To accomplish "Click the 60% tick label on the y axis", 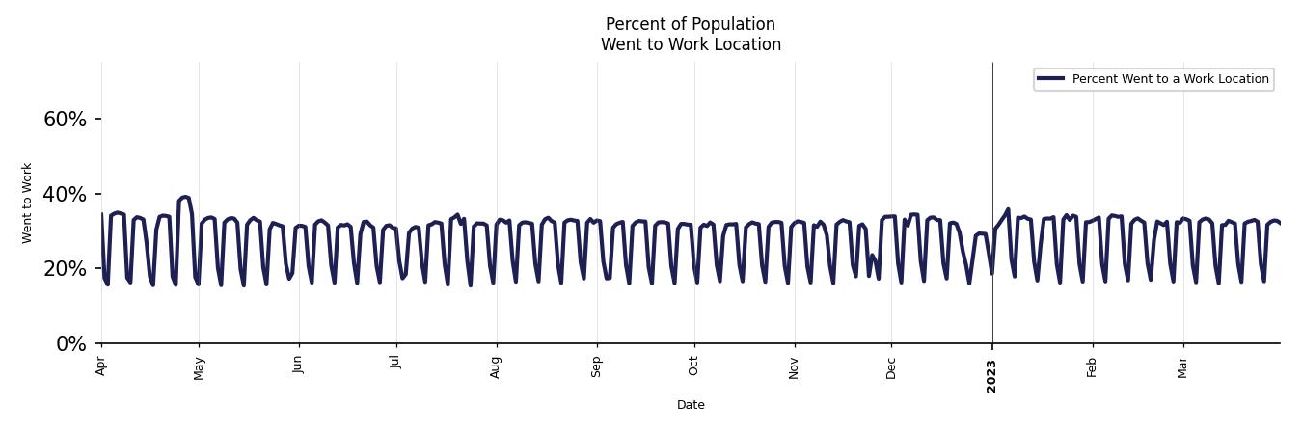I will (x=65, y=120).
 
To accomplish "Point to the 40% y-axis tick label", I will (x=65, y=195).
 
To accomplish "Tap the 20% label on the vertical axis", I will (x=65, y=269).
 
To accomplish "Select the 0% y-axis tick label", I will (x=71, y=344).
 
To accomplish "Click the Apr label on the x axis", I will (x=101, y=366).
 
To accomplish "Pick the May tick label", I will (x=200, y=367).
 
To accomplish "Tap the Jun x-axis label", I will (x=299, y=366).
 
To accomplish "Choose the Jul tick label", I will (x=395, y=364).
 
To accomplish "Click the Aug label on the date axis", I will (x=496, y=367).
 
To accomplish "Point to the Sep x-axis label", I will (x=596, y=366).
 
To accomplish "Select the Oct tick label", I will (x=694, y=366).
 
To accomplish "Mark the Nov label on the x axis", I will (x=795, y=367).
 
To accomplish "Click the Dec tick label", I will (x=891, y=367).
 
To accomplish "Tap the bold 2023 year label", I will (x=991, y=374).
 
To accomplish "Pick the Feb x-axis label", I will (x=1092, y=366).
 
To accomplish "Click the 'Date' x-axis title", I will (x=691, y=405).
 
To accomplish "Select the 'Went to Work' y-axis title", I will (x=27, y=203).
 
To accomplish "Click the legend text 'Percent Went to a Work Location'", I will (x=1170, y=79).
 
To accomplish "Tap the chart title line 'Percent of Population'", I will (x=691, y=24).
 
